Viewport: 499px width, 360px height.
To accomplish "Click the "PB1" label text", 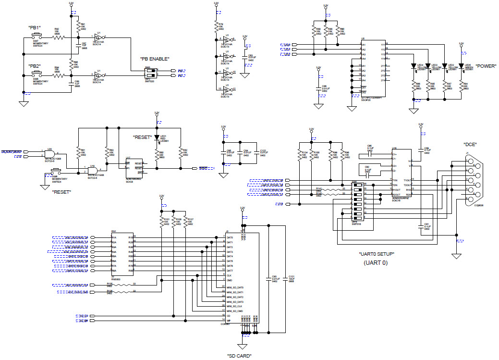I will (35, 27).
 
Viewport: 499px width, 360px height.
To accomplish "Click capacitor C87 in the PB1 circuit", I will (78, 46).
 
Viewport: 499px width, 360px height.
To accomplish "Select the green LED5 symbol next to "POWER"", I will (461, 66).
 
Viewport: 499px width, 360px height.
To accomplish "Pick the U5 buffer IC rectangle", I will (373, 68).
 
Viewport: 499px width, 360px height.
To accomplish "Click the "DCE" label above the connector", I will (470, 144).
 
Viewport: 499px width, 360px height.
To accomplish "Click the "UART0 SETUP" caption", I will (377, 254).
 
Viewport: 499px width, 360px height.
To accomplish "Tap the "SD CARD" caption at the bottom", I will (239, 356).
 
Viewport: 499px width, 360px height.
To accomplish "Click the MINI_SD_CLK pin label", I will (234, 306).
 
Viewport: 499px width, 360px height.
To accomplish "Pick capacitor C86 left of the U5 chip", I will (318, 88).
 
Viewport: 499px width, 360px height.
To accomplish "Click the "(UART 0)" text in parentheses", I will (376, 262).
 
